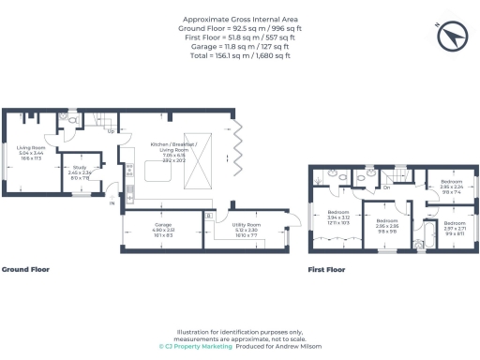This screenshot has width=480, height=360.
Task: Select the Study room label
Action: pos(79,172)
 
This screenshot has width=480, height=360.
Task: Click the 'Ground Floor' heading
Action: pos(25,269)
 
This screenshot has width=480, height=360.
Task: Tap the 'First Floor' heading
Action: pos(327,270)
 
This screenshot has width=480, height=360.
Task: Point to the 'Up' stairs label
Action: pos(112,130)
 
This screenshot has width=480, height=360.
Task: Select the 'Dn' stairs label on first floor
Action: pos(386,187)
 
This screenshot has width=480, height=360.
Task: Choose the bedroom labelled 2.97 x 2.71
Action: pos(455,228)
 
